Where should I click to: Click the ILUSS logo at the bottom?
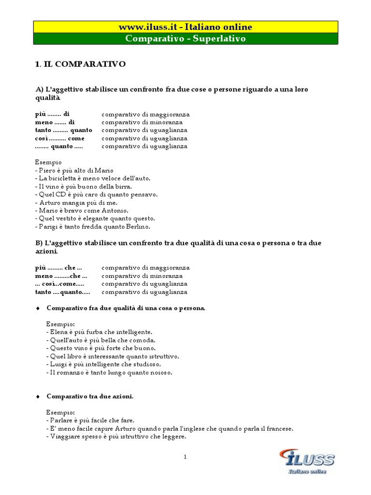click(307, 461)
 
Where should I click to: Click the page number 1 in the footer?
click(185, 457)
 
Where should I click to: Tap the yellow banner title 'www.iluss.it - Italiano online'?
click(186, 27)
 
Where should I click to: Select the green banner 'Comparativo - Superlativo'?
click(186, 39)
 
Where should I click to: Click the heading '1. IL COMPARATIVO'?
click(81, 64)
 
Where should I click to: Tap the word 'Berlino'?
click(152, 227)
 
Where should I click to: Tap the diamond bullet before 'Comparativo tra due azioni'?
click(38, 396)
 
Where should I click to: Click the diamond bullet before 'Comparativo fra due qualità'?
click(38, 308)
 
